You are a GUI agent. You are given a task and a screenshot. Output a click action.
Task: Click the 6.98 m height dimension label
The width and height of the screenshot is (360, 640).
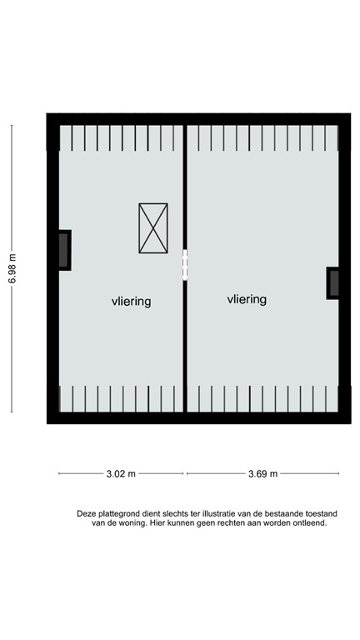pos(12,268)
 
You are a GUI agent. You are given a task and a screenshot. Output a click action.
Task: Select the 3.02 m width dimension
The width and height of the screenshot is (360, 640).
pos(121,474)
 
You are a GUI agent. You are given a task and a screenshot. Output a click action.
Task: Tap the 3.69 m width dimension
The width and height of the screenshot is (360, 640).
pos(262,474)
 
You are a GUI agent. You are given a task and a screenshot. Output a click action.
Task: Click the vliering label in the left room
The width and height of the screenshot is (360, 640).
pos(131,302)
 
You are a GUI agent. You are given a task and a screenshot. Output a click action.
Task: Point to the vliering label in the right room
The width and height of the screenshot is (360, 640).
pos(247,299)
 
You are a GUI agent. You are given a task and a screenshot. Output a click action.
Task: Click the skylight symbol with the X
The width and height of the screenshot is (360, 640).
pos(152,227)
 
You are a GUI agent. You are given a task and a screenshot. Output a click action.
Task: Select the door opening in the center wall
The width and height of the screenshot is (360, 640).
pos(185,264)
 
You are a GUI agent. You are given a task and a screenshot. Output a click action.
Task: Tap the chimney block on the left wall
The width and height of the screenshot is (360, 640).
pos(63,250)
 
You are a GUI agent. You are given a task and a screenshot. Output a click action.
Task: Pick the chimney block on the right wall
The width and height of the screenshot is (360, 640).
pos(333,283)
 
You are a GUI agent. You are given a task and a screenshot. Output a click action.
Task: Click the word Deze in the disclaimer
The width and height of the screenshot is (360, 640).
pos(87,514)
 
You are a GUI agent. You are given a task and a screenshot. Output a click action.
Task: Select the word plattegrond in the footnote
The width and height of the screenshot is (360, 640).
pos(125,514)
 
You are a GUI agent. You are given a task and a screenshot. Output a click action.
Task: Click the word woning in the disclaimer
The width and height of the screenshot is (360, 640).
pos(127,524)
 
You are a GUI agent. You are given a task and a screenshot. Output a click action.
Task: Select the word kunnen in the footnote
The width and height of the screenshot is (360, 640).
pos(176,524)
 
